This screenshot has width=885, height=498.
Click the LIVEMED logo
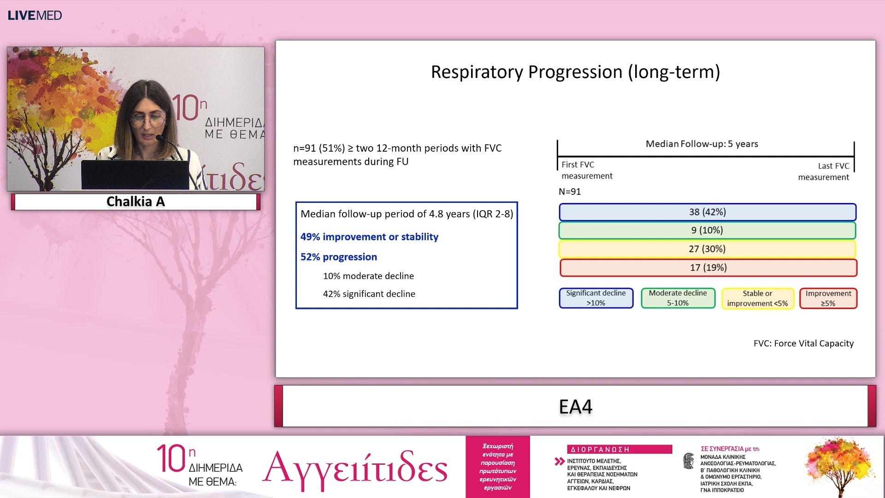[x=35, y=15]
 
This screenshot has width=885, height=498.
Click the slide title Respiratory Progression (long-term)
[x=575, y=72]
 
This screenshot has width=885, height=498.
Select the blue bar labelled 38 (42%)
[x=708, y=212]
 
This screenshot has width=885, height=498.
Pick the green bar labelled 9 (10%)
[x=708, y=230]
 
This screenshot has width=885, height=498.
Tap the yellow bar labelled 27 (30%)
[x=708, y=249]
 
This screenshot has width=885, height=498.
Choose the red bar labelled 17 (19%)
[x=708, y=267]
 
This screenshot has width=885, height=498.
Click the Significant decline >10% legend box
[x=596, y=298]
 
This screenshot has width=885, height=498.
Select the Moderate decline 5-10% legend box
[x=678, y=298]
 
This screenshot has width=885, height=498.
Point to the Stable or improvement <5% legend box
[x=757, y=298]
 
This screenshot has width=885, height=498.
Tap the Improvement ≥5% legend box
[x=828, y=298]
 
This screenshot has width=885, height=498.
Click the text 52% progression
[x=339, y=257]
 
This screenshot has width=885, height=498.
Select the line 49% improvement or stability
[x=369, y=237]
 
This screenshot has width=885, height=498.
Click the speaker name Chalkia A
[x=136, y=202]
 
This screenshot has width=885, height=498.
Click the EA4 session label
[x=575, y=407]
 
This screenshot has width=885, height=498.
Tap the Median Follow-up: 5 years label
[x=702, y=144]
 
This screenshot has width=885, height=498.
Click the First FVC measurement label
[x=586, y=170]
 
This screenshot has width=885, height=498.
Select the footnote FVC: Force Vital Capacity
[x=803, y=344]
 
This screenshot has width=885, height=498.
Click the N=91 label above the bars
[x=570, y=192]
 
